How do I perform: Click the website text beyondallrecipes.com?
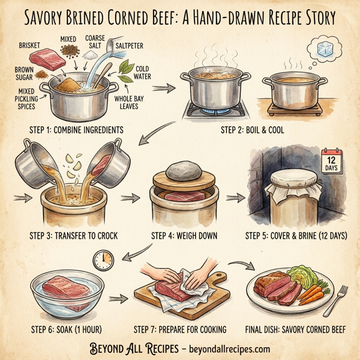[229, 349]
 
